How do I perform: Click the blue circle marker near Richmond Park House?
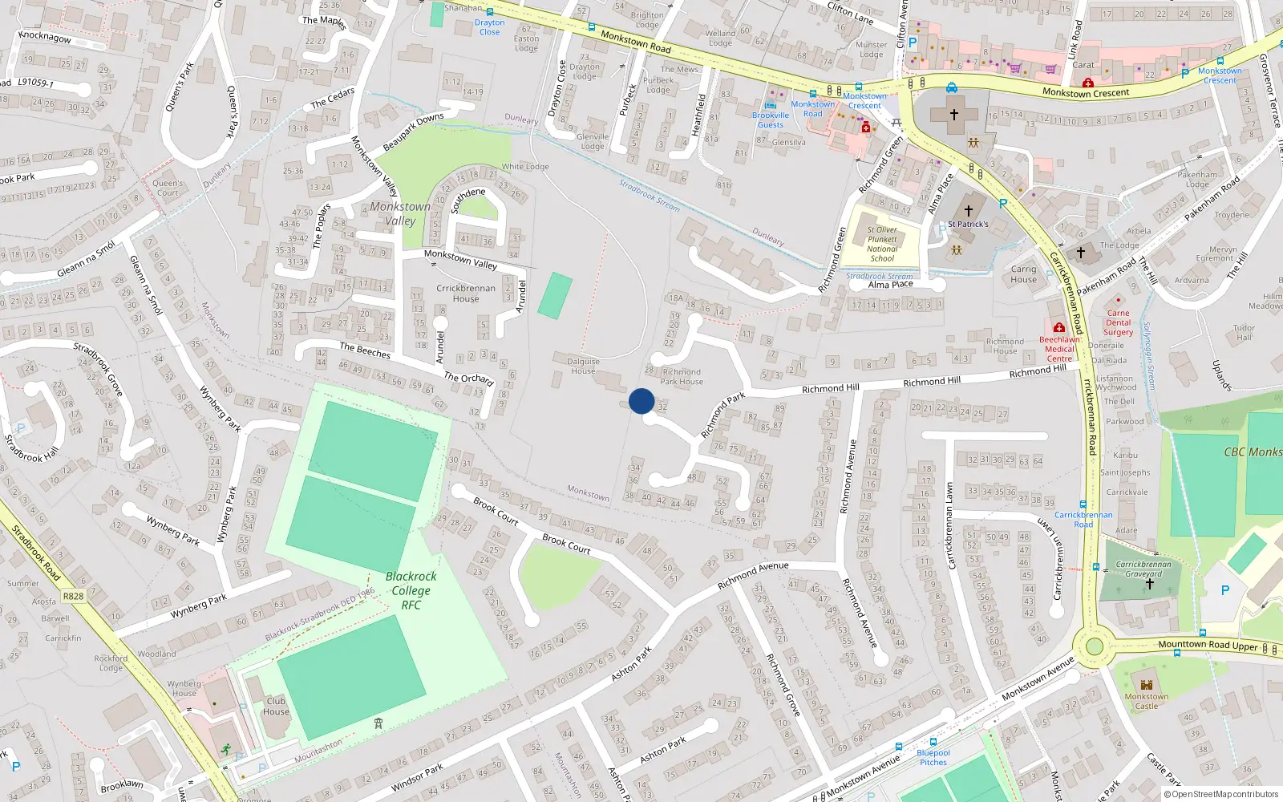[641, 401]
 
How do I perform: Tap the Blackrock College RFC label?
[411, 590]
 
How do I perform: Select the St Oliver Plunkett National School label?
[882, 244]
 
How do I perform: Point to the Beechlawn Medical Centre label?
[1059, 349]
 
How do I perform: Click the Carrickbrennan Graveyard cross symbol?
[1149, 585]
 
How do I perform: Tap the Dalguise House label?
[583, 367]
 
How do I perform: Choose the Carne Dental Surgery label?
[1118, 322]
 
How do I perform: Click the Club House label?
[276, 706]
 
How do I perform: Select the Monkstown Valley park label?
[400, 213]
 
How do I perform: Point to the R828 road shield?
[73, 596]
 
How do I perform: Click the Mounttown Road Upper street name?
[1208, 645]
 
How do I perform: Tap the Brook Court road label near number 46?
[566, 543]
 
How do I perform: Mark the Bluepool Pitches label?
[933, 757]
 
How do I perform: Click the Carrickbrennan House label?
[466, 294]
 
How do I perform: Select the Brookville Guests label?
[771, 119]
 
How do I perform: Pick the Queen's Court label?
[168, 188]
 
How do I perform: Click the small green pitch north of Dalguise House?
[555, 296]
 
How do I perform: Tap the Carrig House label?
[1023, 274]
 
